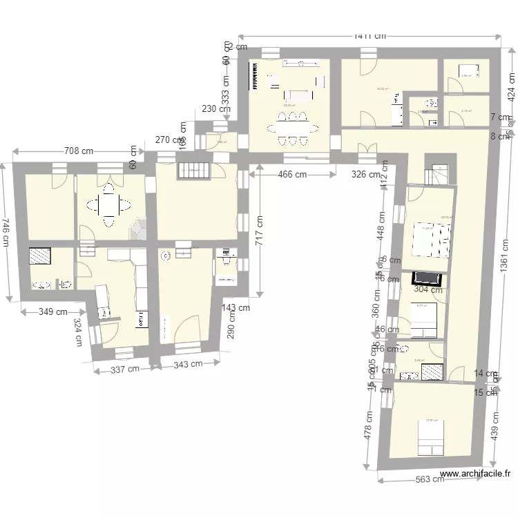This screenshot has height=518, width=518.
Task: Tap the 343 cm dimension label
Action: (188, 364)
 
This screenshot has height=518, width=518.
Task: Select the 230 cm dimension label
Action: (216, 108)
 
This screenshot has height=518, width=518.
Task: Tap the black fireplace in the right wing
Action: (426, 278)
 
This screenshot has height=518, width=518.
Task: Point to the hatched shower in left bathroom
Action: (40, 256)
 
